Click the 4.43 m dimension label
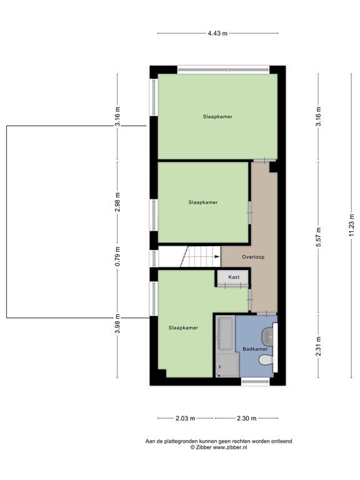[x=217, y=33]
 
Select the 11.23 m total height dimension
[x=352, y=224]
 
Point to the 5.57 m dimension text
[x=318, y=237]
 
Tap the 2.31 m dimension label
[x=318, y=346]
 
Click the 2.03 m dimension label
[x=185, y=418]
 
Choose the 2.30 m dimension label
[x=246, y=418]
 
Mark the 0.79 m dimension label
[x=117, y=256]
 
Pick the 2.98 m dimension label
[x=117, y=202]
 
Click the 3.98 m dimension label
[x=117, y=324]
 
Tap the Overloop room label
[x=253, y=257]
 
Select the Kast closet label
[x=234, y=277]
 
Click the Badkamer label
[x=255, y=349]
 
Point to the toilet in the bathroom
[x=266, y=360]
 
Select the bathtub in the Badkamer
[x=226, y=334]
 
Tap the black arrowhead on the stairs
[x=217, y=256]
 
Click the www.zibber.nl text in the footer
[x=230, y=447]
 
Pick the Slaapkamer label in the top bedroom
[x=217, y=117]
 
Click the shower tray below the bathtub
[x=227, y=364]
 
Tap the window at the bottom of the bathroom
[x=255, y=381]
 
